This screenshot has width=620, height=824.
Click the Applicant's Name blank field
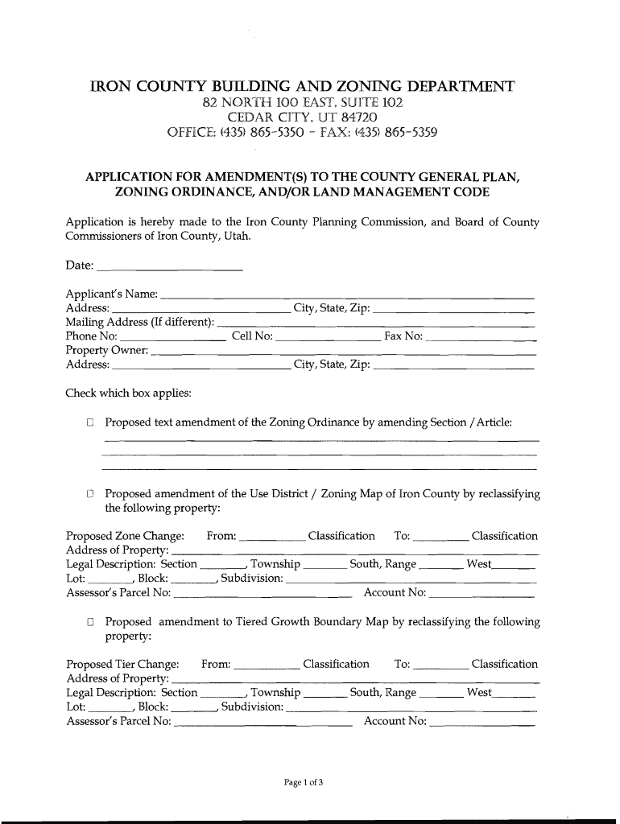coord(348,295)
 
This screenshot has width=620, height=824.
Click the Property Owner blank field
coord(343,351)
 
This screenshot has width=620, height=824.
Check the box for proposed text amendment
coord(91,422)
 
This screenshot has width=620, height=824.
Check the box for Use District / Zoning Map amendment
coord(91,493)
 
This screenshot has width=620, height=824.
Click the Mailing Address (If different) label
coord(139,323)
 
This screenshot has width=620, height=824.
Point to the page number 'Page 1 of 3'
coord(302,781)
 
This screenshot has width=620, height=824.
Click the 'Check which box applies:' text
coord(128,393)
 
